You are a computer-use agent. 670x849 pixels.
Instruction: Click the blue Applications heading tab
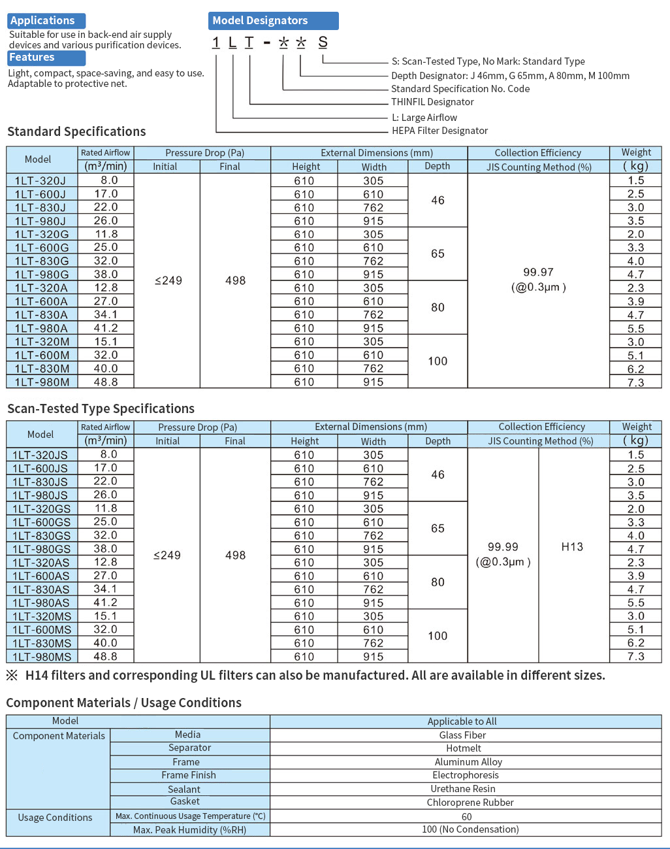pyautogui.click(x=46, y=21)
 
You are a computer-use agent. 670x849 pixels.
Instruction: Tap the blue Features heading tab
pyautogui.click(x=46, y=58)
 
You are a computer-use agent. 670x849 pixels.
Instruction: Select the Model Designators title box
pyautogui.click(x=273, y=21)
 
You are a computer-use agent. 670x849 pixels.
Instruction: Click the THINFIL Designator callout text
pyautogui.click(x=432, y=102)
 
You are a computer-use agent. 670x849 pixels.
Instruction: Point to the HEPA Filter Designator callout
pyautogui.click(x=439, y=131)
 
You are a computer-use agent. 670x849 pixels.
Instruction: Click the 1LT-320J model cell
pyautogui.click(x=40, y=180)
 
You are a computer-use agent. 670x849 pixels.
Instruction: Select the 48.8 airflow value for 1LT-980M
pyautogui.click(x=106, y=382)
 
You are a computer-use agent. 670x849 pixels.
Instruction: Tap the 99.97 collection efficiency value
pyautogui.click(x=538, y=273)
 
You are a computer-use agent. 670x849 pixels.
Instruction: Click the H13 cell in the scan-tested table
pyautogui.click(x=572, y=547)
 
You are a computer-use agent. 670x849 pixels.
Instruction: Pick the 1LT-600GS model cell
pyautogui.click(x=41, y=522)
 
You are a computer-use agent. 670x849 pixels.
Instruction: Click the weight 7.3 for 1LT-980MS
pyautogui.click(x=635, y=656)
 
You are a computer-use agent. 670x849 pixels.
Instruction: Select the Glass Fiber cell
pyautogui.click(x=462, y=735)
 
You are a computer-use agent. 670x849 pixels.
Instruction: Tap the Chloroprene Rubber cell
pyautogui.click(x=470, y=803)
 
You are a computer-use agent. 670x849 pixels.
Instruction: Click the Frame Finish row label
pyautogui.click(x=189, y=775)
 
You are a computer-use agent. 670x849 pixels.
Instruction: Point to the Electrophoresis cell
pyautogui.click(x=466, y=775)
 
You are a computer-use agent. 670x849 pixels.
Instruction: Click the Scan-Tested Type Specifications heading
pyautogui.click(x=101, y=409)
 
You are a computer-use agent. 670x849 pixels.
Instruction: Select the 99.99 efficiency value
pyautogui.click(x=503, y=547)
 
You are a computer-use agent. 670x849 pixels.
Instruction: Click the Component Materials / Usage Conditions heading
pyautogui.click(x=123, y=703)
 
